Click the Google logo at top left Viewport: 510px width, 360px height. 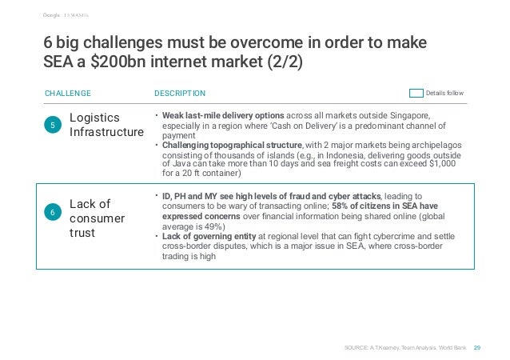[x=52, y=12]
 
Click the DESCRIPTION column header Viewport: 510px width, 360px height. [x=180, y=93]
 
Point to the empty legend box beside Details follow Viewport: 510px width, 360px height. [x=415, y=93]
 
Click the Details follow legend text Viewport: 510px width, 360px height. [x=445, y=93]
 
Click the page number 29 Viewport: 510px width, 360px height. [x=477, y=347]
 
